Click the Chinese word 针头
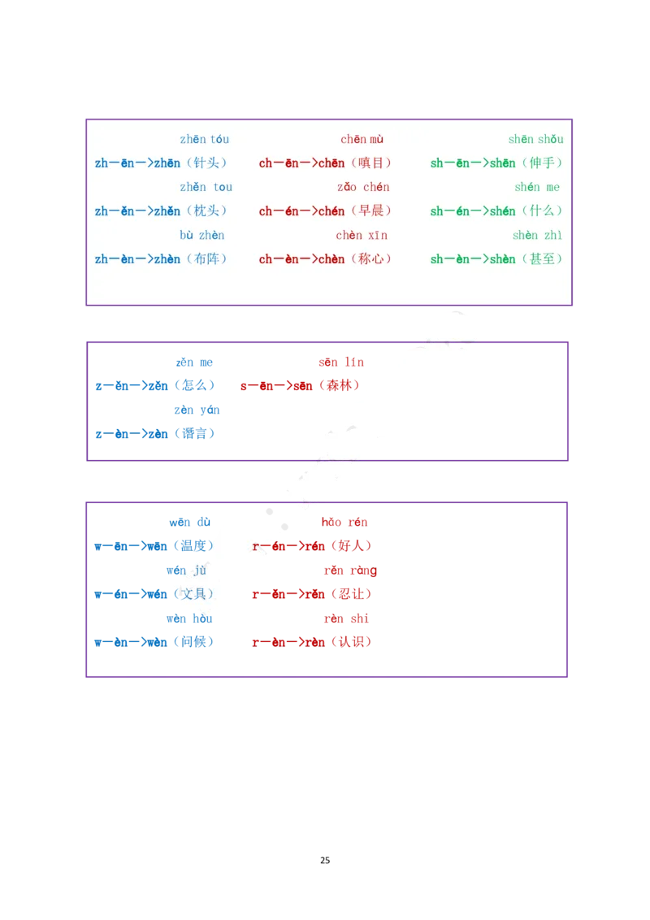click(206, 163)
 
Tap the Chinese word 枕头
click(206, 211)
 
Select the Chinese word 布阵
click(206, 259)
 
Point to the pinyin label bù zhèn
click(202, 236)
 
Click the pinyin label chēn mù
click(362, 140)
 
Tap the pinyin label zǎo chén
click(363, 188)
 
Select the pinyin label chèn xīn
click(362, 236)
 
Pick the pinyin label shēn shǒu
click(535, 140)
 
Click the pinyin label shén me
click(537, 188)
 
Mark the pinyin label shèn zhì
click(537, 236)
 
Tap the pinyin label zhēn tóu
click(205, 140)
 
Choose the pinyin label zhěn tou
click(206, 188)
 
